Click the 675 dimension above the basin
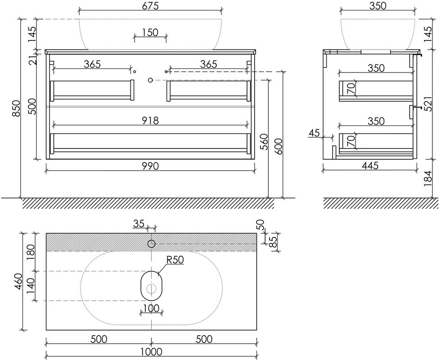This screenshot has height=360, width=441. click(150, 5)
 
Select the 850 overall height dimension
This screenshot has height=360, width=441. click(17, 108)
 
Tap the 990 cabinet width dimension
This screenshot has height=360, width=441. click(150, 166)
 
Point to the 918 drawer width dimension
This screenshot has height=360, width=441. click(150, 121)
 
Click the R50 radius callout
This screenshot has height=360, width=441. click(175, 260)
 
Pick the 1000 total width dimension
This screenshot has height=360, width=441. click(151, 352)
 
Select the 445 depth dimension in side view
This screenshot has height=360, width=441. click(369, 166)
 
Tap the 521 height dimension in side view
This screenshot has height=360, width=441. click(427, 104)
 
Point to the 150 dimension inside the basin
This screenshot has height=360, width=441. click(150, 32)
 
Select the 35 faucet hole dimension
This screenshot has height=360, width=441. click(139, 224)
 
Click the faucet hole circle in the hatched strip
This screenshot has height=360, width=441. click(152, 244)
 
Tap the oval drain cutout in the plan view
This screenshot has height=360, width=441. click(152, 286)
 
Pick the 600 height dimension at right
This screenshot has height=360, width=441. click(279, 146)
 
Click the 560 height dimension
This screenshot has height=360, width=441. click(265, 142)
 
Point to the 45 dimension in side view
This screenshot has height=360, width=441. click(315, 132)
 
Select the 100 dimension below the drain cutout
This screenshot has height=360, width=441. click(151, 308)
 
